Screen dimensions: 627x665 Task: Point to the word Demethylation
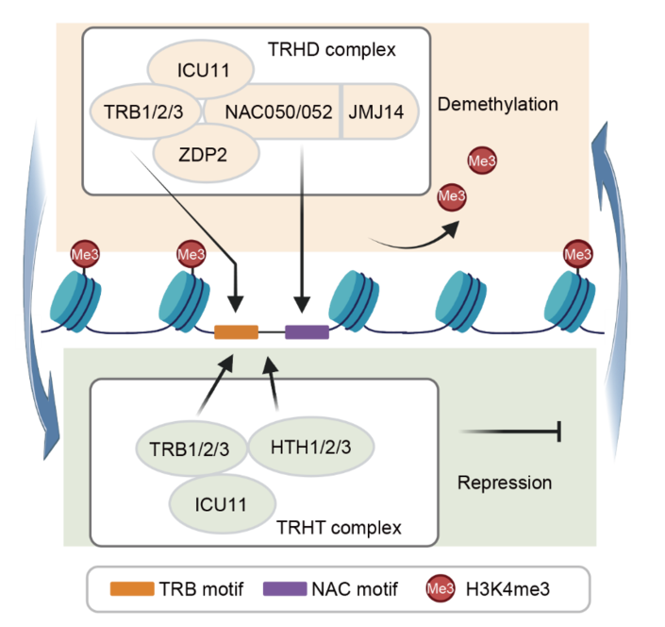click(498, 104)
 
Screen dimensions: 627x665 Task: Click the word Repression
click(505, 483)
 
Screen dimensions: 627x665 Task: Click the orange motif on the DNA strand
click(236, 331)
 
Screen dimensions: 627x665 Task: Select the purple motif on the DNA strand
click(306, 331)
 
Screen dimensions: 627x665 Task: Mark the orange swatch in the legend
click(137, 588)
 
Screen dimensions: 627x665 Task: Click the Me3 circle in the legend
click(440, 589)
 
